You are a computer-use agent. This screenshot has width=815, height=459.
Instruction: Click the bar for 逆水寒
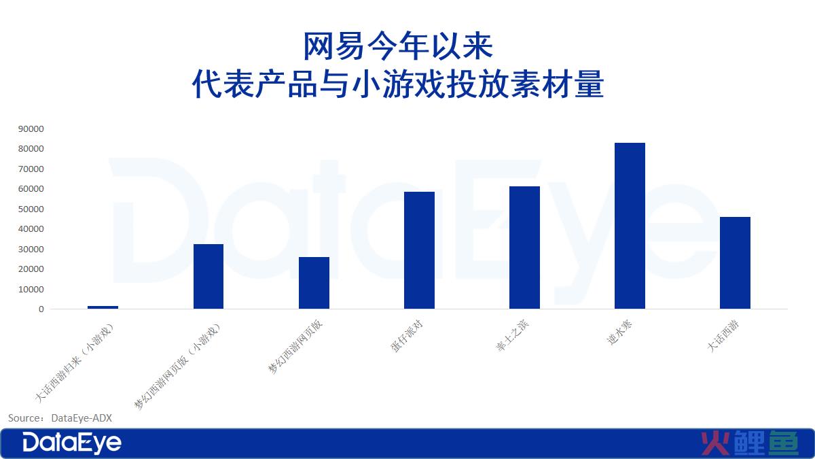point(630,226)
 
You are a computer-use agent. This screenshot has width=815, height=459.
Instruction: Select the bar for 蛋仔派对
point(419,250)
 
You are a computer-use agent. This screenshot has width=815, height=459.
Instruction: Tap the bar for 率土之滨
point(524,248)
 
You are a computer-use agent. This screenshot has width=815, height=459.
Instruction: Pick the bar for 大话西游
point(735,263)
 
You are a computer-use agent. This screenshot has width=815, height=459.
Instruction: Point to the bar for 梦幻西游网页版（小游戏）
point(209,277)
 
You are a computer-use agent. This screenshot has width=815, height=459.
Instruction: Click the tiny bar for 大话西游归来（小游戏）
point(103,307)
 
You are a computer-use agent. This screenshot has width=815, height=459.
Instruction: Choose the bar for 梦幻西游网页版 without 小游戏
point(314,283)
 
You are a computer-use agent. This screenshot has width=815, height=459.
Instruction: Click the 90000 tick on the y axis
point(31,129)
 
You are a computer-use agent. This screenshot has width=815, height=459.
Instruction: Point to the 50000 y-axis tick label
point(31,209)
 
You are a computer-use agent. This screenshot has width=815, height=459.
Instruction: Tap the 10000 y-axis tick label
point(31,289)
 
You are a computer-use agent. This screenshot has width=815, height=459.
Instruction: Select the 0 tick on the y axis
point(41,309)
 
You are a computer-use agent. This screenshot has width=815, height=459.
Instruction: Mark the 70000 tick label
point(31,169)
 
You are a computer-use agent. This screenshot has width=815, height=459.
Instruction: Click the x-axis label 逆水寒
point(619,333)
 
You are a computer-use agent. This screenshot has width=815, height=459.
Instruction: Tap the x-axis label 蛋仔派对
point(406,336)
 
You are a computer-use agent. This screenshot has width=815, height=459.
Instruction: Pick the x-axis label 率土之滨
point(512,336)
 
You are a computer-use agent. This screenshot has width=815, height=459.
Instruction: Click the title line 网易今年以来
point(398,46)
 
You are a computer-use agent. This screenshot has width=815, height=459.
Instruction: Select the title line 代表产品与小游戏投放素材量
point(398,84)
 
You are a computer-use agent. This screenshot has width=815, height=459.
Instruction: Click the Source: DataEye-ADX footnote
point(60,418)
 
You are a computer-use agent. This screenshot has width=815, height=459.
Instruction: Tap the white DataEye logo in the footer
point(72,443)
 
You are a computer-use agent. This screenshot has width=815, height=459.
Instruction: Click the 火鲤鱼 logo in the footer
point(750,443)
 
